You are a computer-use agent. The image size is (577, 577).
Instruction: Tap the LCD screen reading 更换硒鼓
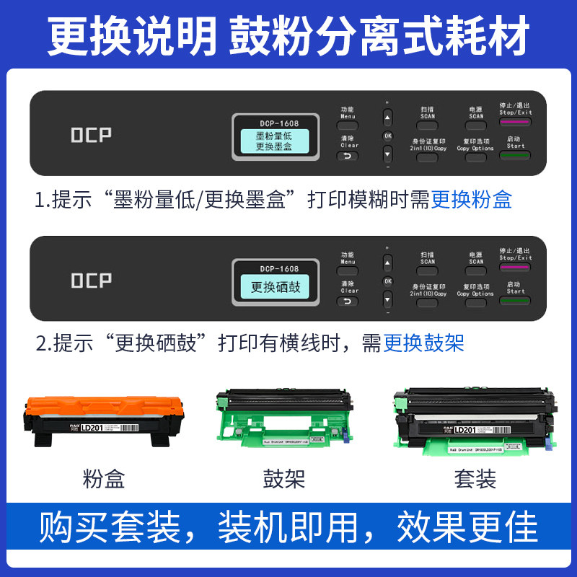coord(275,287)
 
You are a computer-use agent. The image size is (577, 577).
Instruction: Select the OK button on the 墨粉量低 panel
coord(387,135)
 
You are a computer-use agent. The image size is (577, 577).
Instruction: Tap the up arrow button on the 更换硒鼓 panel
coord(387,262)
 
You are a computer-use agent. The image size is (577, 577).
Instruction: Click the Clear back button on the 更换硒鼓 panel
coord(349,301)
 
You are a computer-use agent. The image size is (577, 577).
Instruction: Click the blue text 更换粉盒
coord(471,199)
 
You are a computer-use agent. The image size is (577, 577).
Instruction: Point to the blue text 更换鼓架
coord(423,342)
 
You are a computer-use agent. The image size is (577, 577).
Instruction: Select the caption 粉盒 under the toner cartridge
coord(104,478)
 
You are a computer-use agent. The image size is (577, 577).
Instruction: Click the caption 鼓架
coord(284,478)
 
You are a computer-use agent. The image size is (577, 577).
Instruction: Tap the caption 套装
coord(475,478)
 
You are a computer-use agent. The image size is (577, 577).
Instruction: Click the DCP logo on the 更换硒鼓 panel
coord(91,281)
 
